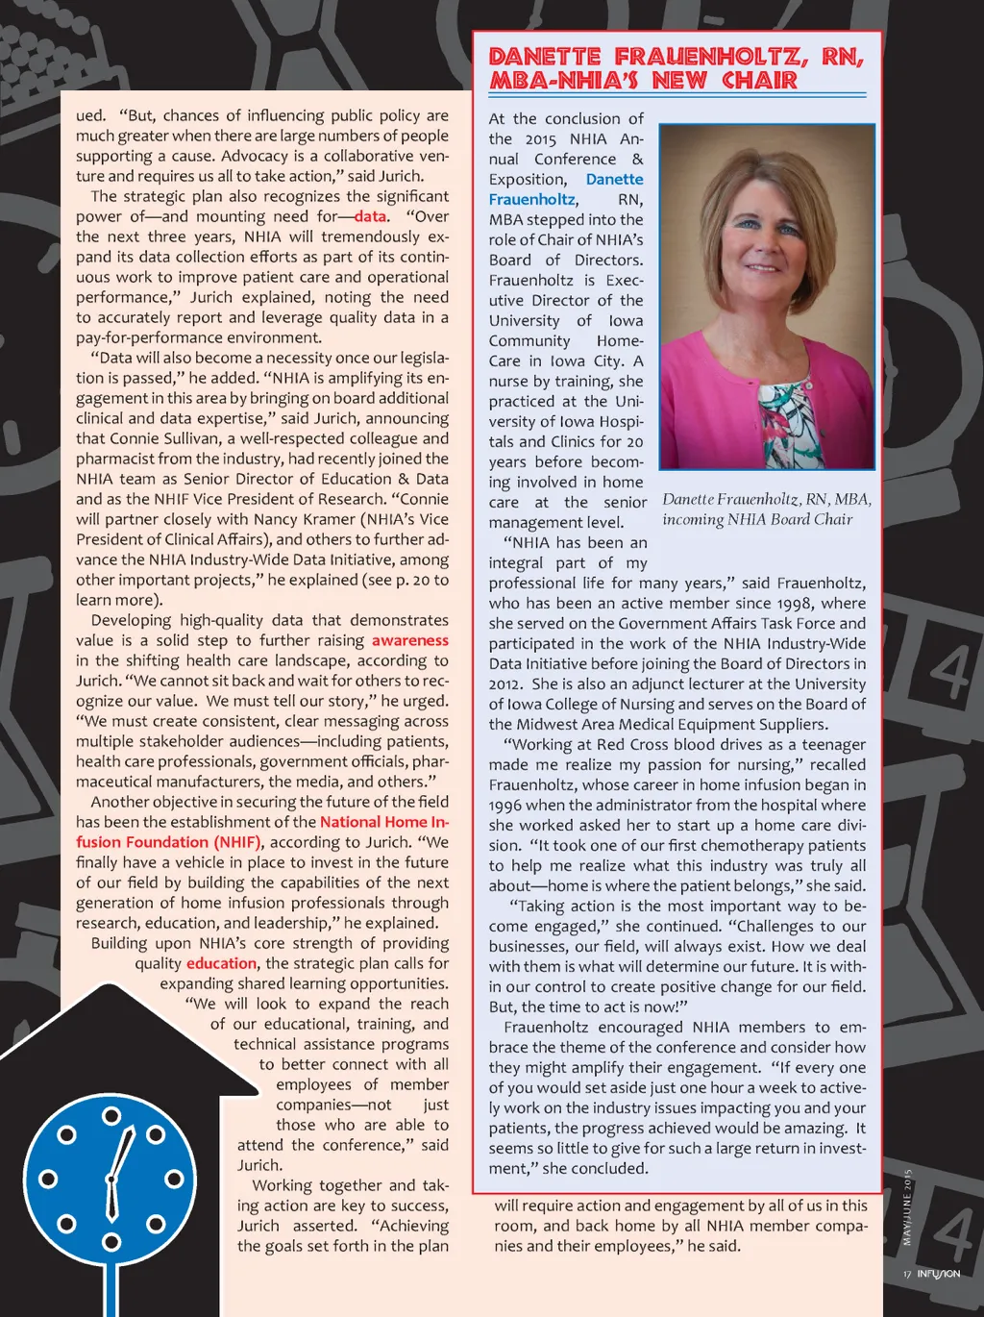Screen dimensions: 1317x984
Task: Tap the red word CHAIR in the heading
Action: click(759, 81)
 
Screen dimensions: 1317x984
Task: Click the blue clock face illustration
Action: click(111, 1179)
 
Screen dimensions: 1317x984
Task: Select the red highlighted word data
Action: click(370, 216)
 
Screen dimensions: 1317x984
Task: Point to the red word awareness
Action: click(410, 640)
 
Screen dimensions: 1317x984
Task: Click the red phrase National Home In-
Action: click(384, 822)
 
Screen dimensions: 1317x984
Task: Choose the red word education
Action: click(222, 963)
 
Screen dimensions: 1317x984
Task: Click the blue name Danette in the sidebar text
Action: click(615, 179)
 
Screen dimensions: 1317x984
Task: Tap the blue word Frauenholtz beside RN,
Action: click(531, 199)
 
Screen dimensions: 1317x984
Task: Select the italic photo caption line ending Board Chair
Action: click(757, 519)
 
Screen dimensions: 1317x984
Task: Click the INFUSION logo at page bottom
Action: click(938, 1274)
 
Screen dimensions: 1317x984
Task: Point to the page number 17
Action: click(906, 1275)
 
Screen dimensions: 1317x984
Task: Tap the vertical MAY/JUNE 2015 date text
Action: click(906, 1206)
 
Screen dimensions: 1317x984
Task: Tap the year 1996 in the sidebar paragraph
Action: click(506, 805)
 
